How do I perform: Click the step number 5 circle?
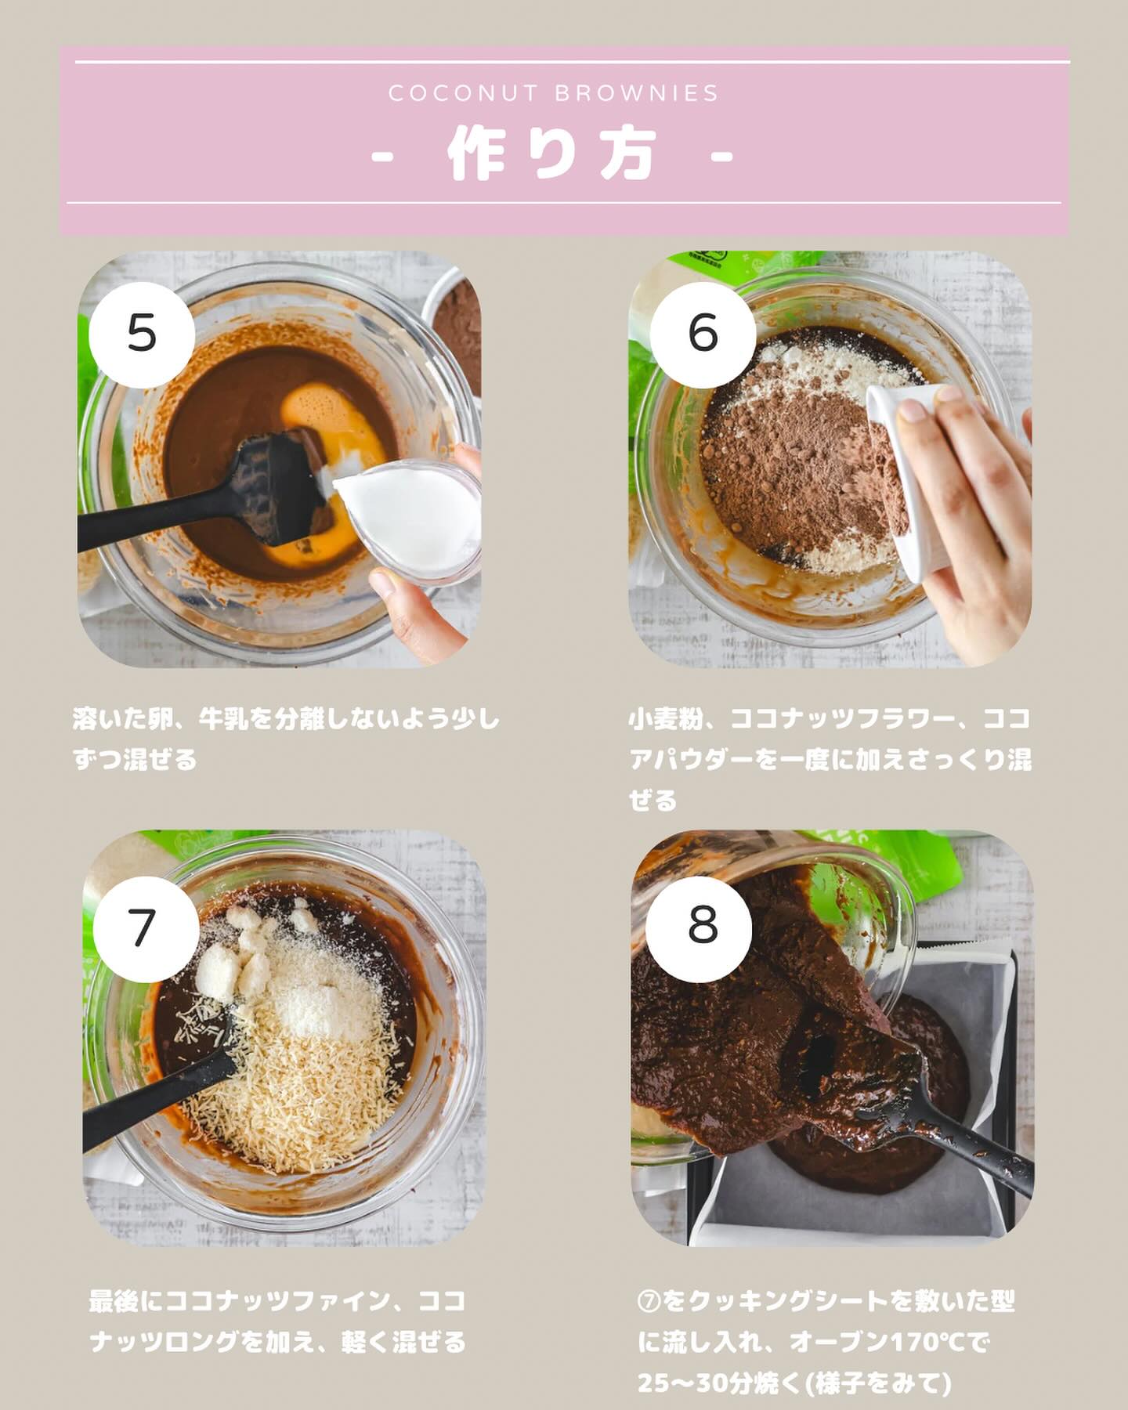click(142, 334)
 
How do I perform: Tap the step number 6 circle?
click(703, 334)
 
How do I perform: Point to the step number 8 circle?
click(703, 925)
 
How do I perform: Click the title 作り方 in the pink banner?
click(551, 154)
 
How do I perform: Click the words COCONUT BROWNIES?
click(554, 94)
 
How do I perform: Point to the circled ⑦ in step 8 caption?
click(649, 1302)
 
